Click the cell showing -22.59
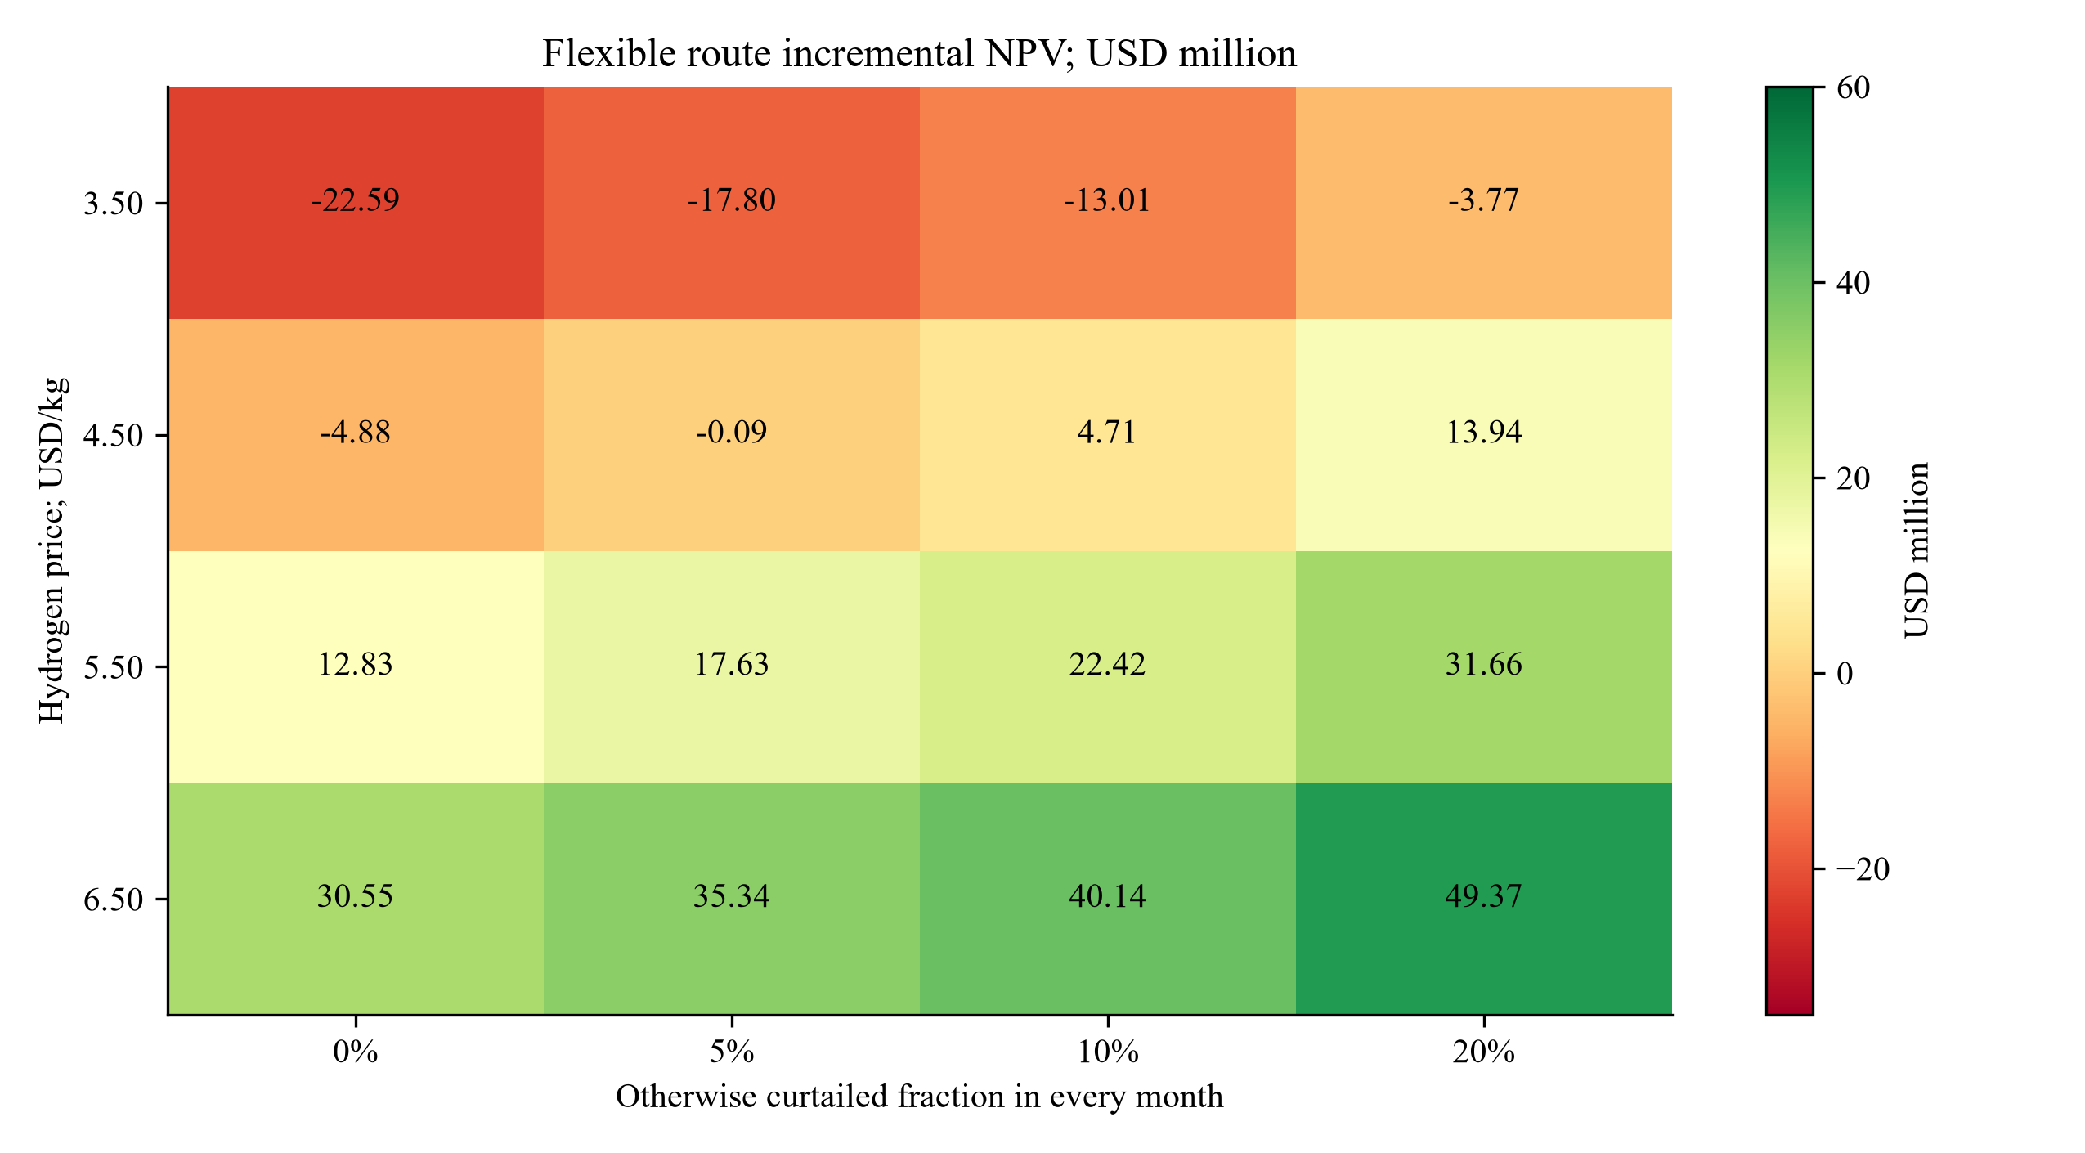356,202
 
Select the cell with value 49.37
1483,898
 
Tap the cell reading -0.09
732,434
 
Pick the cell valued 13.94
1483,434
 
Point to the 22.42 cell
1108,666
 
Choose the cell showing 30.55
356,898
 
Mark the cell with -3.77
1483,202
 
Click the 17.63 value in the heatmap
732,666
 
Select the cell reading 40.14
1108,898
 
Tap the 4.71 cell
1108,434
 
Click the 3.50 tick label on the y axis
114,204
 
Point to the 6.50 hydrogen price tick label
114,900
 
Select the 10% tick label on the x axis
1108,1052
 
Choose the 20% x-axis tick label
1483,1052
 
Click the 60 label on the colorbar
1853,88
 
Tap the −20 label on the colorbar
1863,869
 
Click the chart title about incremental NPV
920,54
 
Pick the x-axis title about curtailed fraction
920,1097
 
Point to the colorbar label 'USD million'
1917,550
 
